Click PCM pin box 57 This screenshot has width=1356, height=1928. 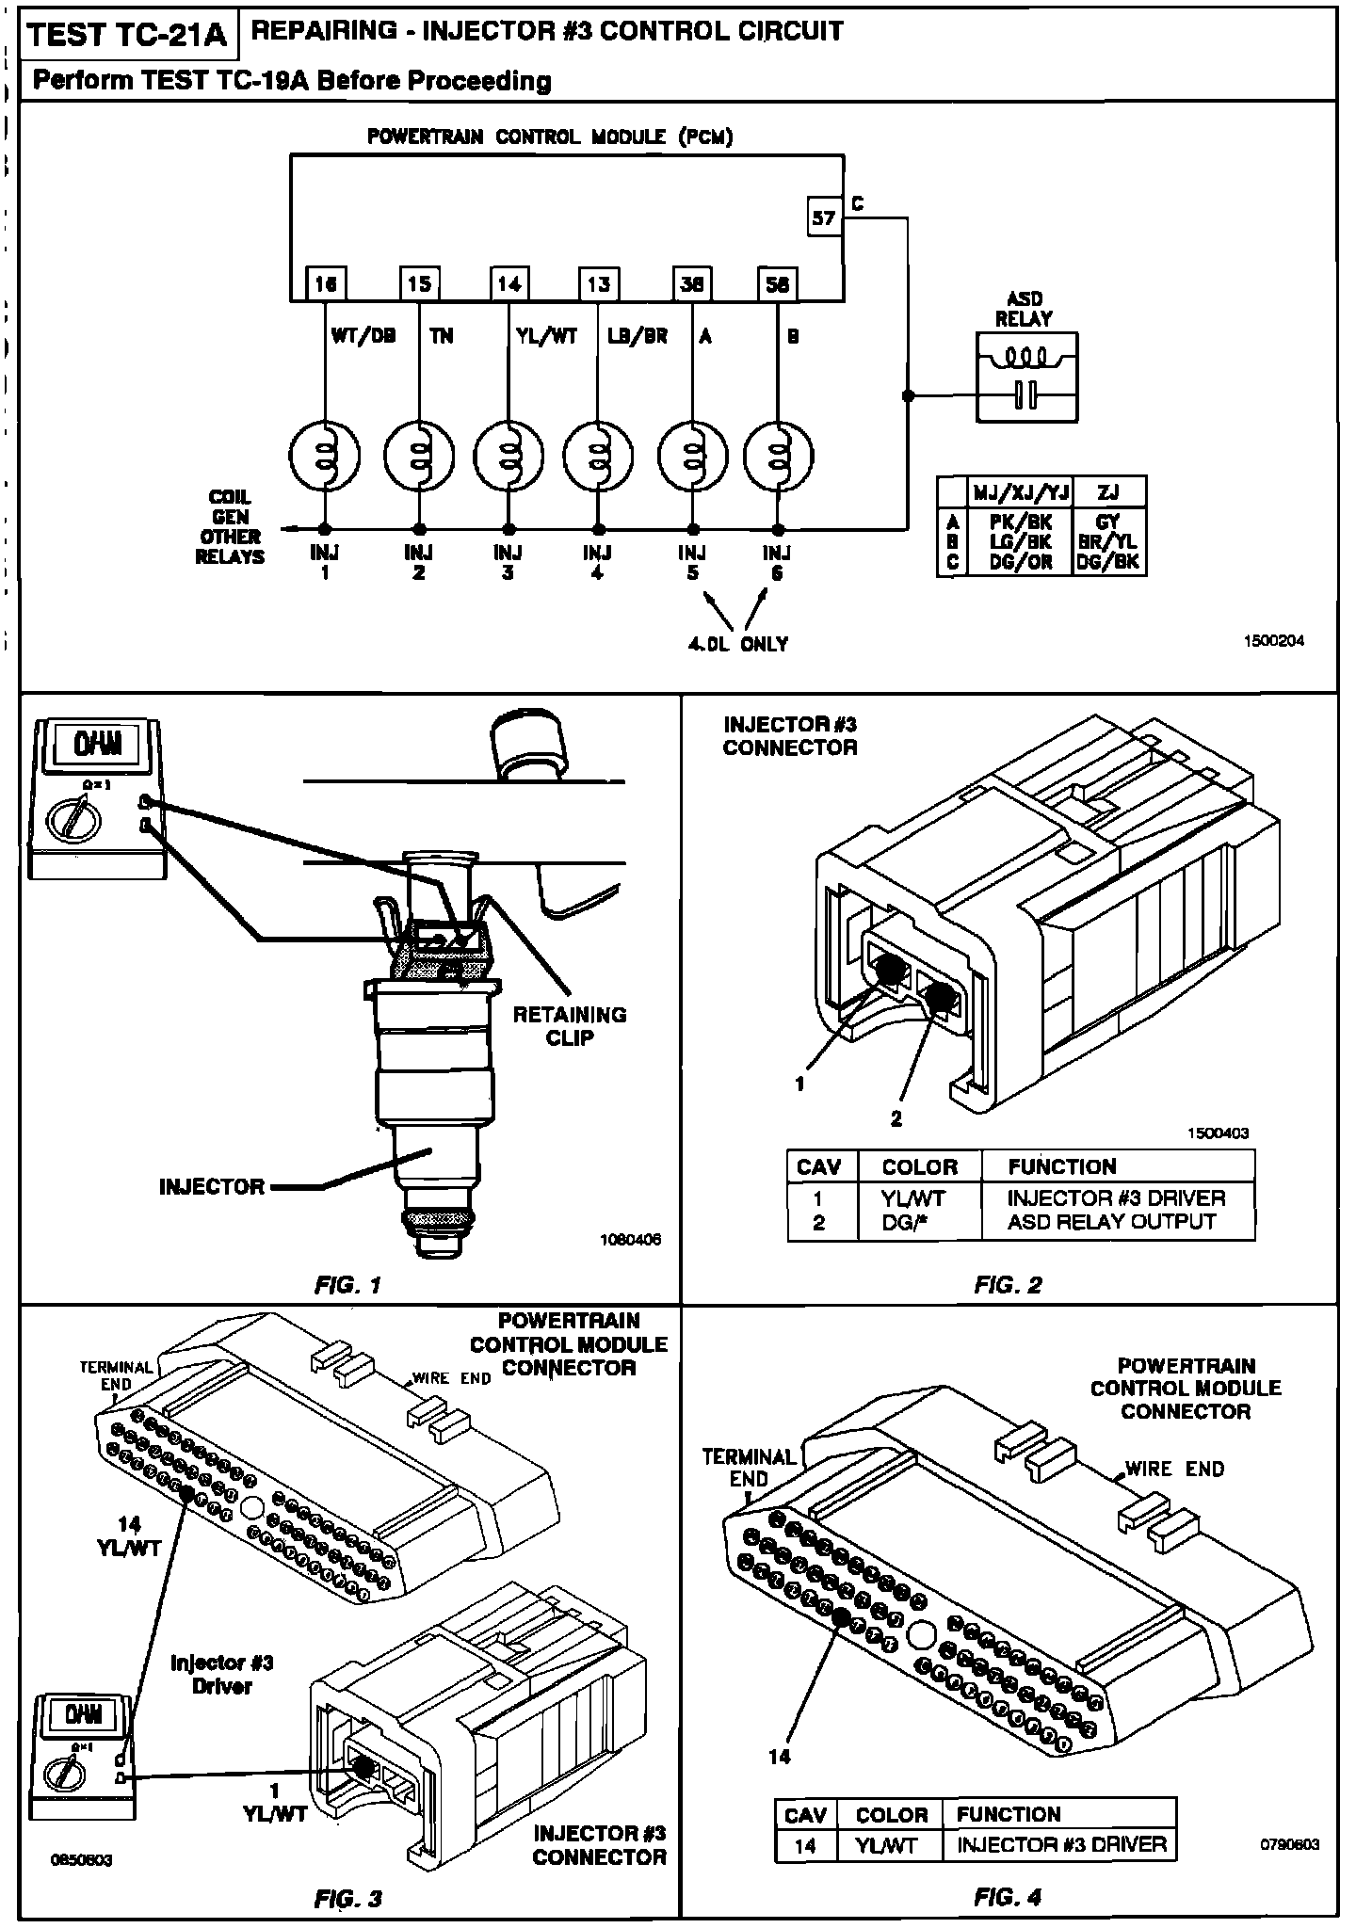(824, 217)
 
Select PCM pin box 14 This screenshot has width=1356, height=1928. (508, 283)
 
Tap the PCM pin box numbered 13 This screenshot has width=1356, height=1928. (598, 283)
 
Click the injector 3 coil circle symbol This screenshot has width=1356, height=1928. (508, 456)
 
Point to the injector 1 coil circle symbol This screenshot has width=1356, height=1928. (325, 456)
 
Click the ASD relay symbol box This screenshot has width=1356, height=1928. (1027, 378)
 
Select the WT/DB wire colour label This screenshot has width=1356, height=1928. (363, 336)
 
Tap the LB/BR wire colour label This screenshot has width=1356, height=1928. (638, 336)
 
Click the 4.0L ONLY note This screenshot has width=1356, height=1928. (738, 644)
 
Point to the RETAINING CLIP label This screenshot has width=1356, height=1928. (570, 1026)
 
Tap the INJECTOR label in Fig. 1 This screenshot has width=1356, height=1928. (212, 1186)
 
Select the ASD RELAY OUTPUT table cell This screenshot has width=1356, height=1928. (1111, 1222)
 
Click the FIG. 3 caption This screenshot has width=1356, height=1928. (348, 1899)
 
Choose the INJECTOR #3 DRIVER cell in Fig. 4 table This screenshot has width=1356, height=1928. (1061, 1844)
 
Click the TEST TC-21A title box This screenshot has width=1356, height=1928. (128, 35)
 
